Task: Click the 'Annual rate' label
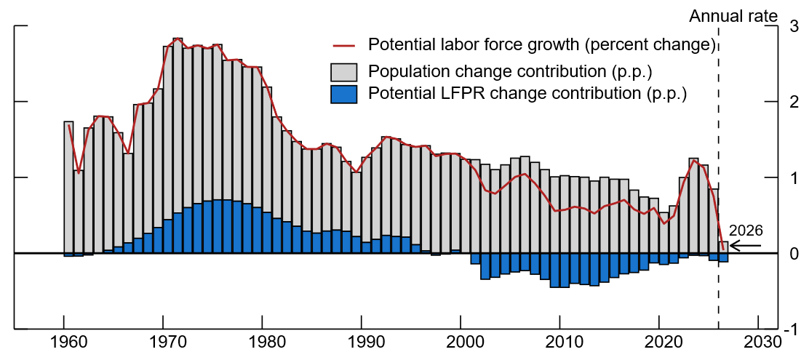point(734,15)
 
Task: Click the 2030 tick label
point(759,343)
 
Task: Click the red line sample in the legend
point(343,46)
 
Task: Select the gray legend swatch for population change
point(343,72)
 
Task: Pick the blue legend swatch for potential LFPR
point(343,95)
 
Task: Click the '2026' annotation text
point(745,231)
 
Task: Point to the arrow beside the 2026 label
point(745,247)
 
